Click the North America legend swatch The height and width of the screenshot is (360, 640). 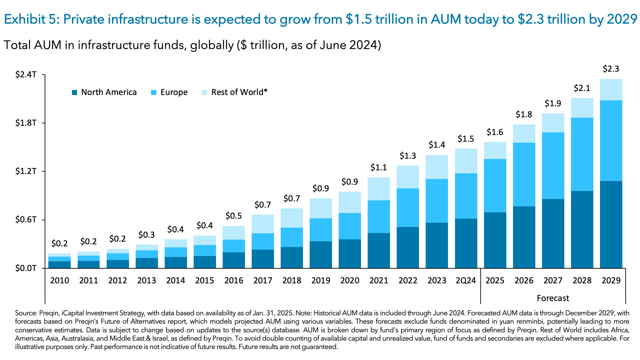pos(74,92)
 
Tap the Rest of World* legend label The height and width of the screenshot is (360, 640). pos(239,92)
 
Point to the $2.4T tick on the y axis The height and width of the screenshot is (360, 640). pos(26,75)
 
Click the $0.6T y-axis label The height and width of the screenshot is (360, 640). pos(26,220)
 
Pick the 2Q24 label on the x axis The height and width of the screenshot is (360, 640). pos(466,281)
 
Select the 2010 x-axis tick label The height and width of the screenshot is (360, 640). pos(59,281)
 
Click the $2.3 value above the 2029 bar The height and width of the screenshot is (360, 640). pos(611,69)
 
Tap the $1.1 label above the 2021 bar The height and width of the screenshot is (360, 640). pos(379,168)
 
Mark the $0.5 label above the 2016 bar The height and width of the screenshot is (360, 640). pos(233,216)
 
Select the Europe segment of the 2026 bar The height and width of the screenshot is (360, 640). pos(524,174)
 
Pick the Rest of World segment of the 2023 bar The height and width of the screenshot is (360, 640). pos(437,167)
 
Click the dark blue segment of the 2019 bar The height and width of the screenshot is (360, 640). pos(321,255)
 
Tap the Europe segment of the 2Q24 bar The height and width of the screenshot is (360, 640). pos(466,196)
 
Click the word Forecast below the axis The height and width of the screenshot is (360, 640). pos(553,298)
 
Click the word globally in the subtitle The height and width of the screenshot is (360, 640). pos(212,45)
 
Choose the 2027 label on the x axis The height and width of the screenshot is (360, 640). pos(553,281)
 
